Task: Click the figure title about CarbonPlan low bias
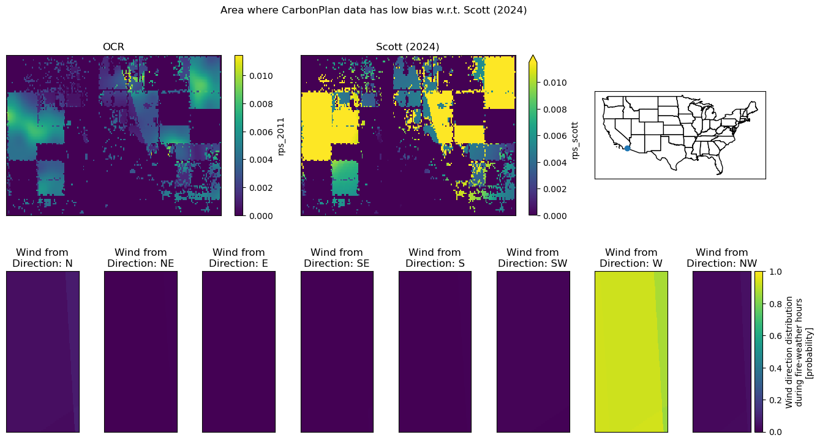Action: (x=374, y=10)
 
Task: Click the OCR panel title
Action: (x=113, y=47)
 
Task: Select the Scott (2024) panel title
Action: (x=407, y=47)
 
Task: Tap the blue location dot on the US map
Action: (x=628, y=148)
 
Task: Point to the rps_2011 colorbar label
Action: (x=280, y=136)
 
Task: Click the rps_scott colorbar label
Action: (x=574, y=141)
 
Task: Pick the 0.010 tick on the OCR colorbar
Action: (x=261, y=76)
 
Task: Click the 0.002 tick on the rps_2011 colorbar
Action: (x=261, y=188)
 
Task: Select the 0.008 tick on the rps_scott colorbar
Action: (x=555, y=110)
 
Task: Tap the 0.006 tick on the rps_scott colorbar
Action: (x=555, y=136)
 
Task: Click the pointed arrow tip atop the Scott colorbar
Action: (x=533, y=56)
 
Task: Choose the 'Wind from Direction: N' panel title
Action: (x=42, y=258)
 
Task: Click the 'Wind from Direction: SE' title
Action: (x=337, y=258)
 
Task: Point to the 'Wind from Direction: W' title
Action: (x=631, y=258)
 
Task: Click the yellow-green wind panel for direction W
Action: (x=631, y=352)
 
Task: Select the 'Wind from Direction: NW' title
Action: (x=722, y=258)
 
